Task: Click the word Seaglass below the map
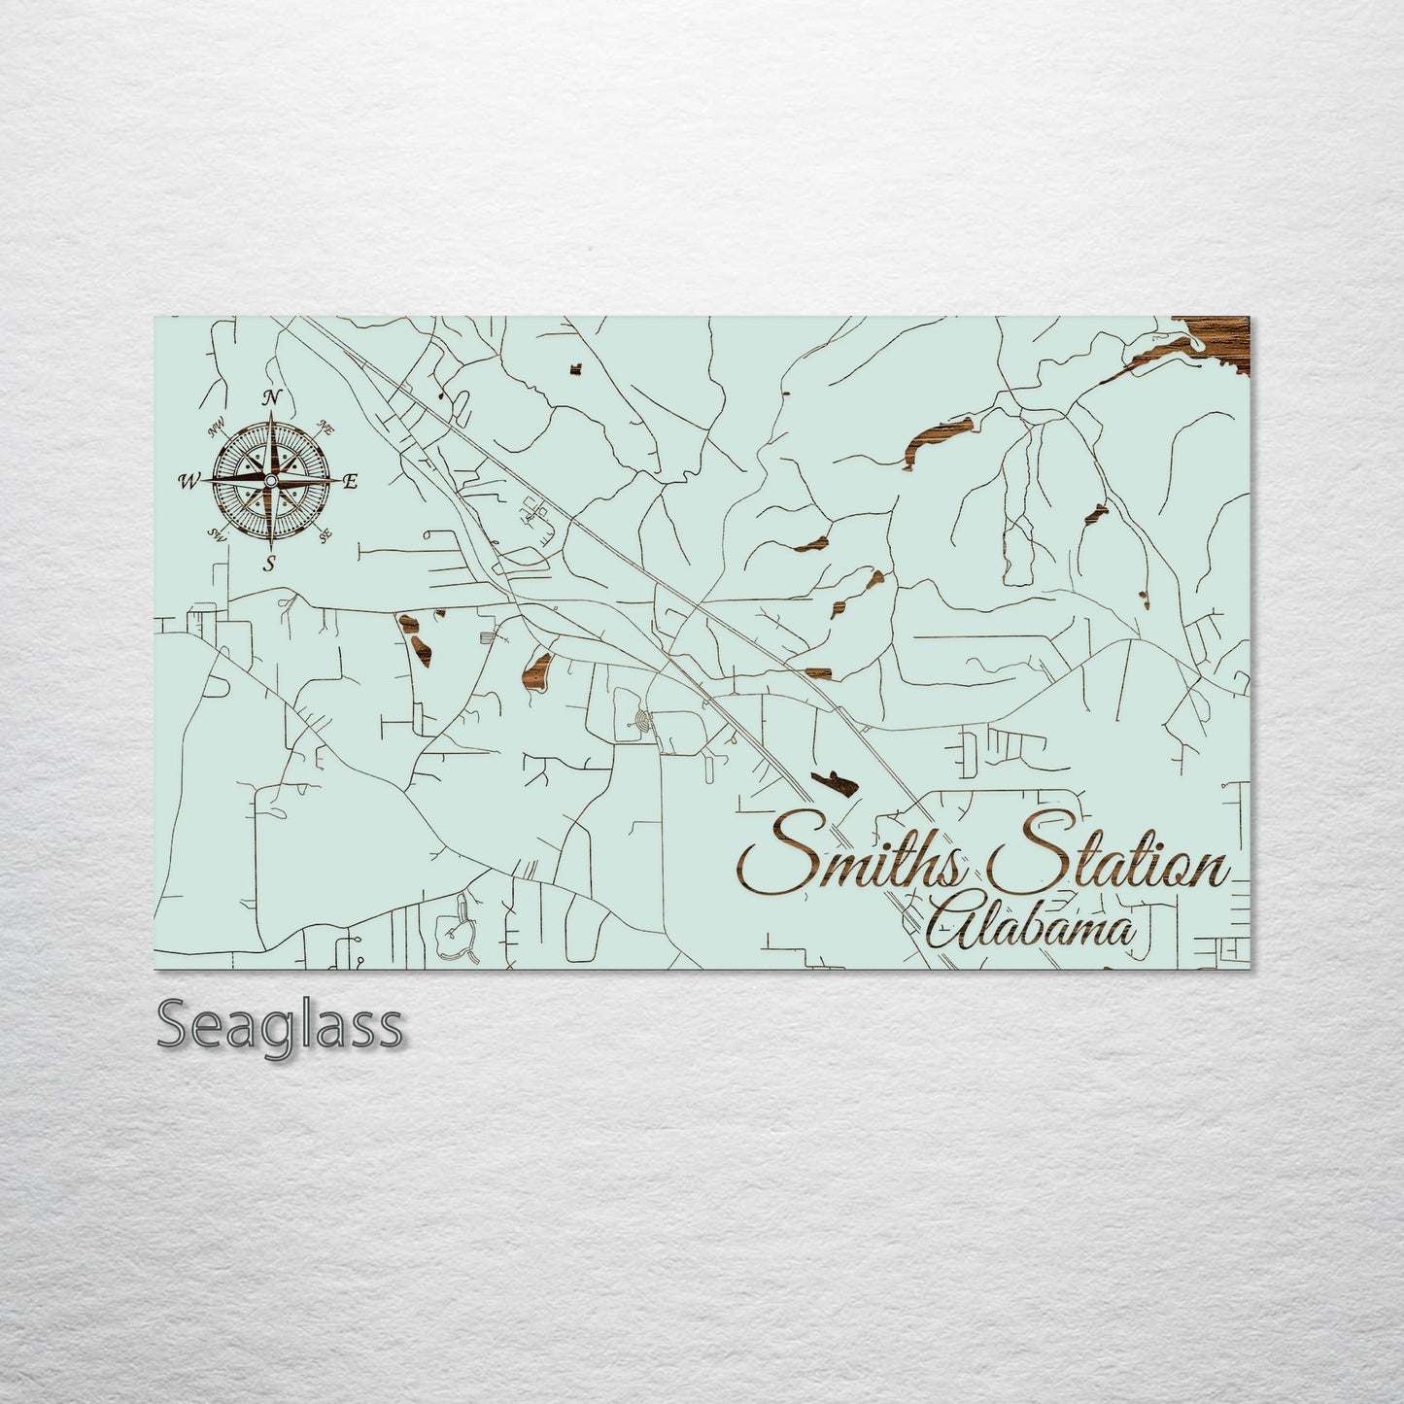279,1026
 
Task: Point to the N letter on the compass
272,396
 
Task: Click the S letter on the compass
270,564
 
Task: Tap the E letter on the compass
351,481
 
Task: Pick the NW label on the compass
216,428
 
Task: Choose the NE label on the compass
327,428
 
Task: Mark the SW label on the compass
217,535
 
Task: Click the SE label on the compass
326,533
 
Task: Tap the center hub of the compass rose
271,480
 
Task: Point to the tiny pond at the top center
575,369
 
